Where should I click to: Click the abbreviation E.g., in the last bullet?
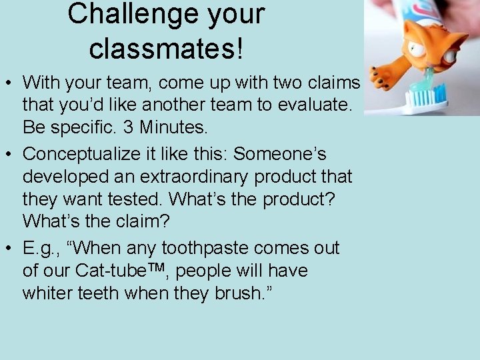coord(41,249)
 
